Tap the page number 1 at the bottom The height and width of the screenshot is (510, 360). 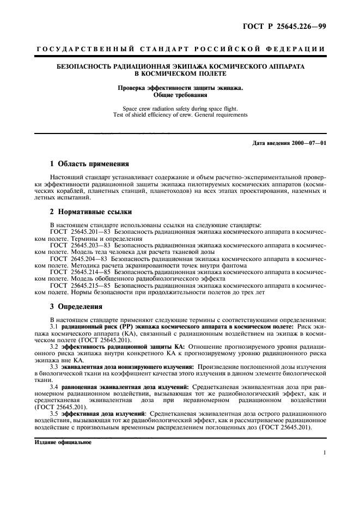coord(324,452)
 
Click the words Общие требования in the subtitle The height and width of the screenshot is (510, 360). coord(180,94)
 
